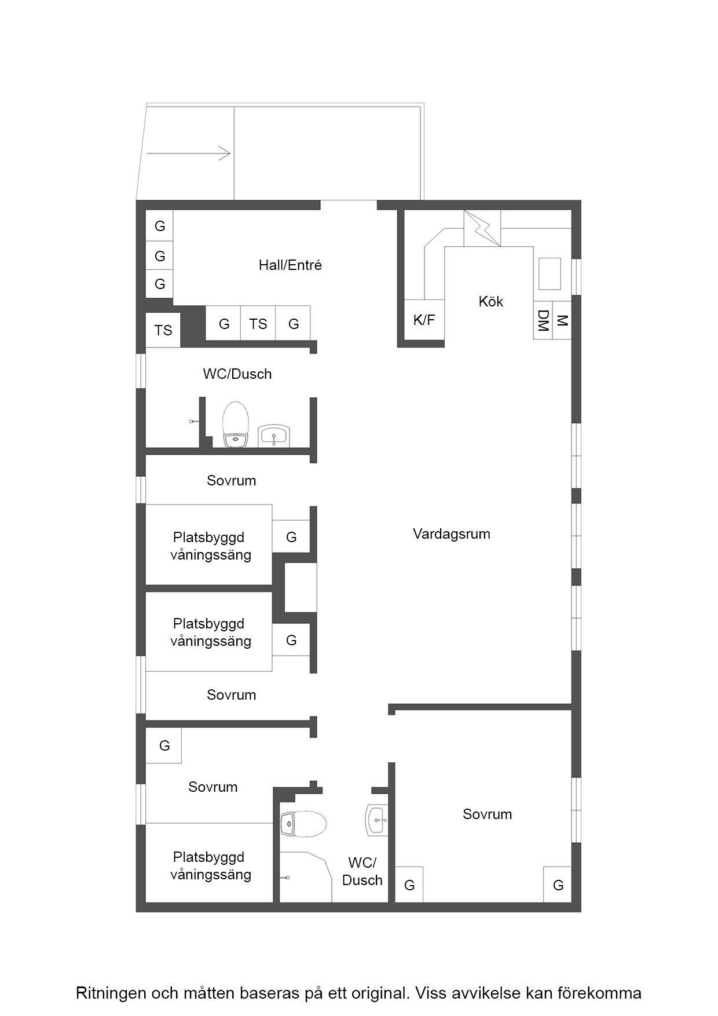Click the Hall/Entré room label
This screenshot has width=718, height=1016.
(x=290, y=265)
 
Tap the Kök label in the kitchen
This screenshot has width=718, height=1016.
(x=491, y=301)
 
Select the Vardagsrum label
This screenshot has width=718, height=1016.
(x=452, y=533)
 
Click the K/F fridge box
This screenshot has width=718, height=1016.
(x=424, y=320)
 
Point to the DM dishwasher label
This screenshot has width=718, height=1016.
(x=543, y=320)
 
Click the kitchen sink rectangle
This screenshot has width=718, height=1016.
(x=550, y=273)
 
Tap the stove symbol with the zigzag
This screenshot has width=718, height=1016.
(x=482, y=228)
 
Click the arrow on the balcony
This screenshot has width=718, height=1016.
(x=189, y=154)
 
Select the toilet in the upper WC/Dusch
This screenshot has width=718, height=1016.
(x=236, y=425)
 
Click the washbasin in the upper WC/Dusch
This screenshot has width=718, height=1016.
(x=274, y=436)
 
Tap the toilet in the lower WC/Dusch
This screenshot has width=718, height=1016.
(x=303, y=824)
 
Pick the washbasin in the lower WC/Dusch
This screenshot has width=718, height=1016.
(x=376, y=820)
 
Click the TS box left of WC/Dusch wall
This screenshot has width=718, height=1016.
(x=163, y=330)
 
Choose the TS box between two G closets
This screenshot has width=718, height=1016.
(x=258, y=323)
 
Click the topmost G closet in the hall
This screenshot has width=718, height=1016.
(x=160, y=226)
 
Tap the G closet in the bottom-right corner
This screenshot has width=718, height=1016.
(x=558, y=885)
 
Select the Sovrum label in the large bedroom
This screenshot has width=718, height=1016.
(x=488, y=814)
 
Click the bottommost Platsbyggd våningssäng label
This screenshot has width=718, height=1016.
(x=211, y=865)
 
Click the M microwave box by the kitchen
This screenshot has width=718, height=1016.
(x=562, y=320)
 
